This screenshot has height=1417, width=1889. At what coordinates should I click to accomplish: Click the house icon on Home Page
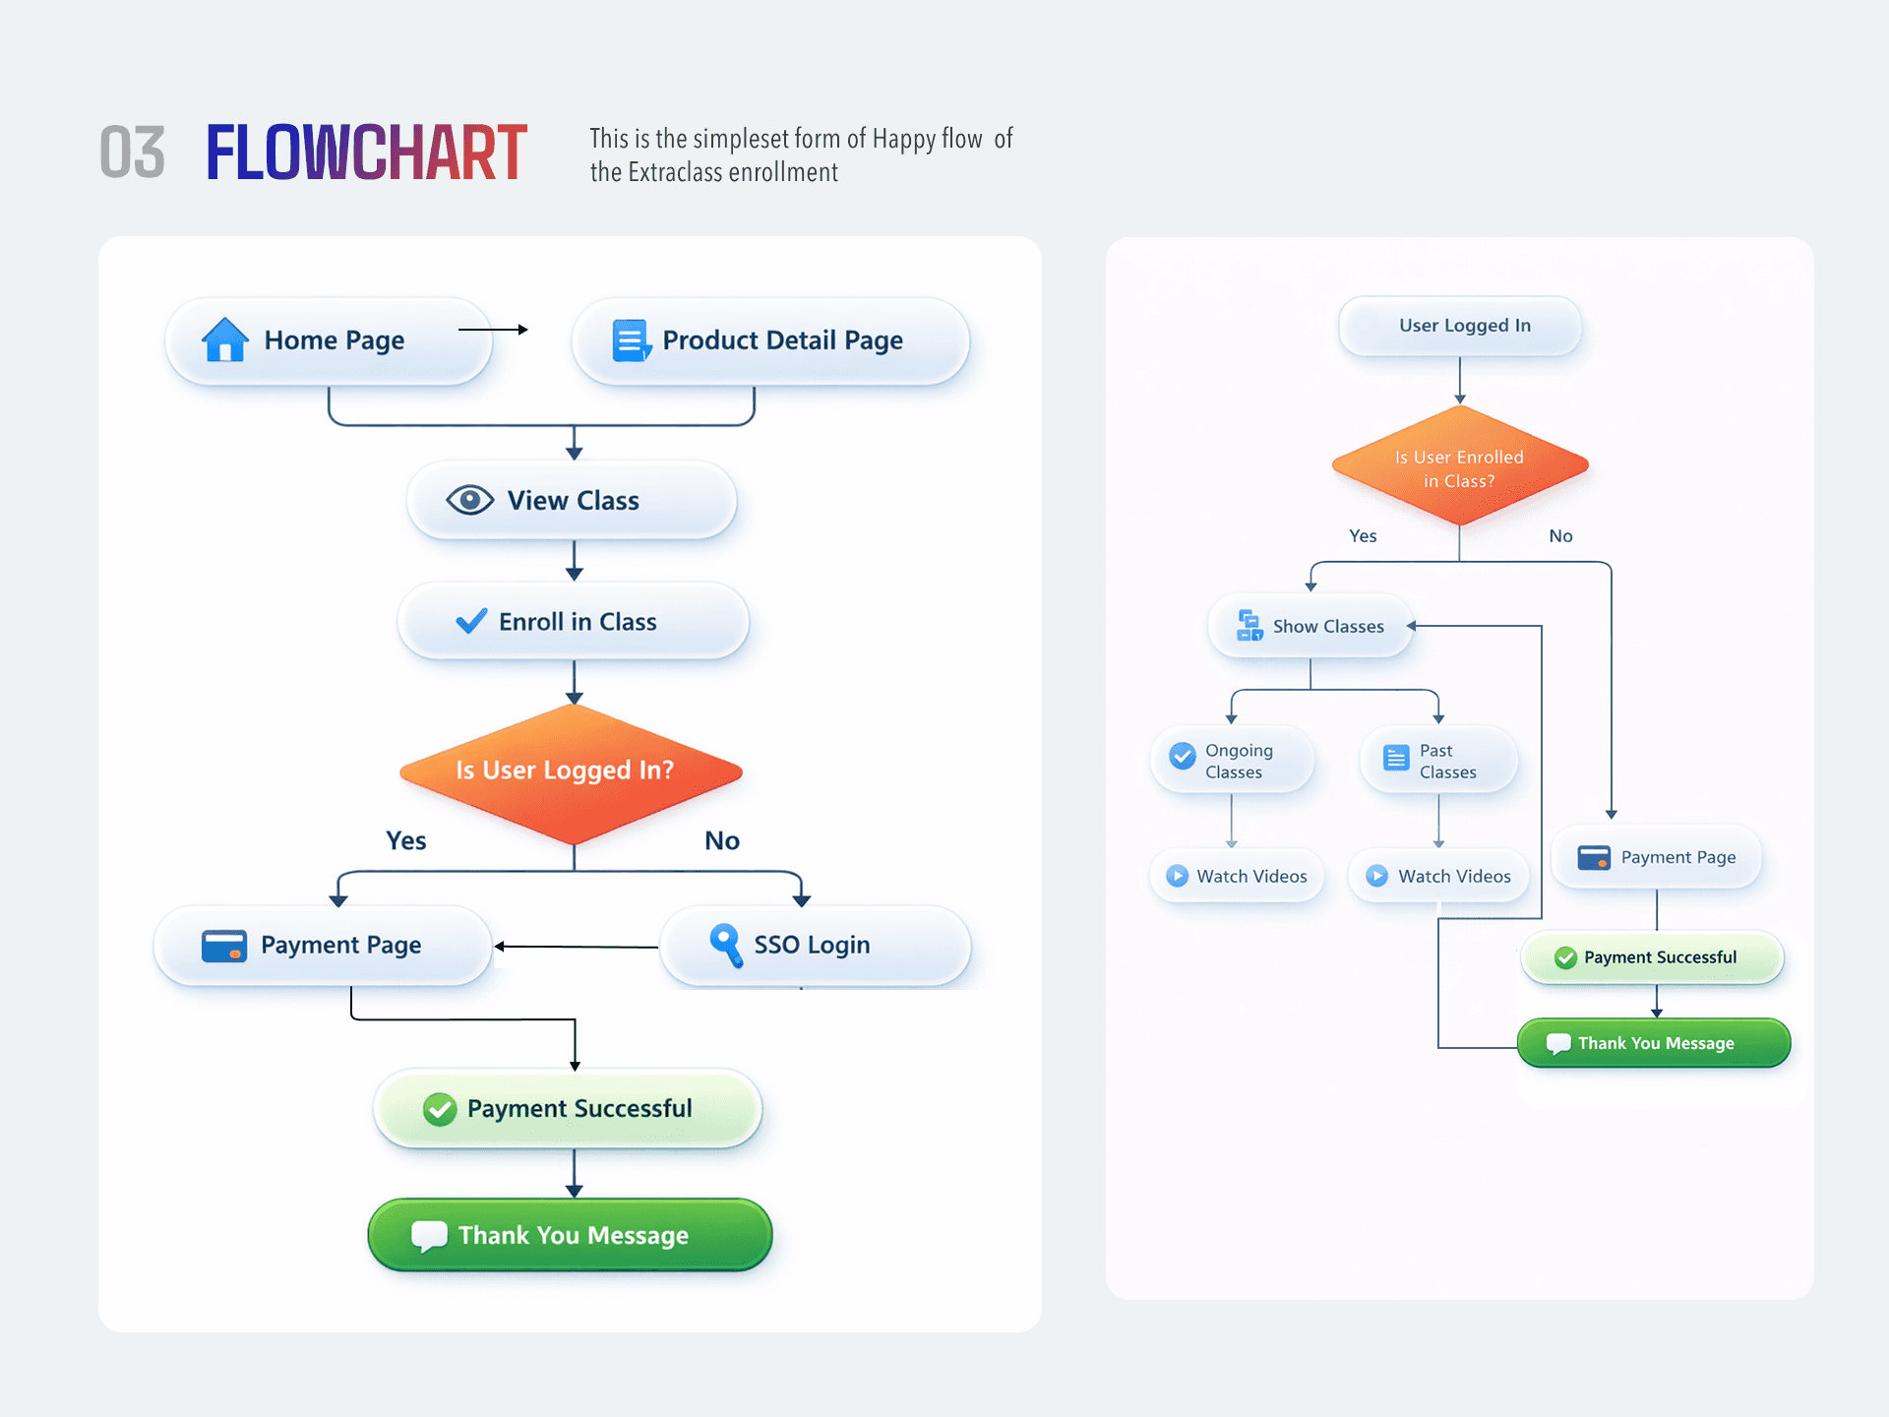(x=225, y=339)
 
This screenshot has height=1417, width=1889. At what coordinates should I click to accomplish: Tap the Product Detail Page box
(x=770, y=340)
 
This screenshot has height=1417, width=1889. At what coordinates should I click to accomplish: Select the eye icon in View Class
(x=470, y=500)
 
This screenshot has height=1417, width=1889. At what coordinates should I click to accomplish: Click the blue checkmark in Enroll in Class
(x=471, y=621)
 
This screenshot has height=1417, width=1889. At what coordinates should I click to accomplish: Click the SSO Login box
(x=816, y=946)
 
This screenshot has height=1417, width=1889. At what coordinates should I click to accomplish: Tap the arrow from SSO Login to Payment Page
(x=577, y=947)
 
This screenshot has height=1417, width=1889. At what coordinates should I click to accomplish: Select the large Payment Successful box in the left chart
(x=568, y=1108)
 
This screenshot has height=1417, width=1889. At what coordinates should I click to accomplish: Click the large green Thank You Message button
(x=570, y=1235)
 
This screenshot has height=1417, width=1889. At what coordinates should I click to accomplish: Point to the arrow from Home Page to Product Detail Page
(x=493, y=330)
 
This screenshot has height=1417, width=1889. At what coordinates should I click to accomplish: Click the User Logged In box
(x=1460, y=326)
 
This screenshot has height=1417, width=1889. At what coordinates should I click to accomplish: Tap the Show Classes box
(x=1310, y=626)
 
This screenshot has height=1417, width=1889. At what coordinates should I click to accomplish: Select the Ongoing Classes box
(x=1232, y=760)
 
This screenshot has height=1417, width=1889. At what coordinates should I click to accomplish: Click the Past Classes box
(x=1438, y=760)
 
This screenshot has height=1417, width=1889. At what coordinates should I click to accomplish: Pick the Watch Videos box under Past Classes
(x=1439, y=876)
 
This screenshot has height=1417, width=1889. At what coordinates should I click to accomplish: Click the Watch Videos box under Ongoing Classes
(x=1237, y=876)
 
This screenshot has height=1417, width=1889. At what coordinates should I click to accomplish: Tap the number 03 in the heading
(x=133, y=153)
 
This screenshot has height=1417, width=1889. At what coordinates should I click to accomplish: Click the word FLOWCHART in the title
(x=367, y=153)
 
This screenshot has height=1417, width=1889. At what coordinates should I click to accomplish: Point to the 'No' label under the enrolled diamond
(x=1561, y=536)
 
